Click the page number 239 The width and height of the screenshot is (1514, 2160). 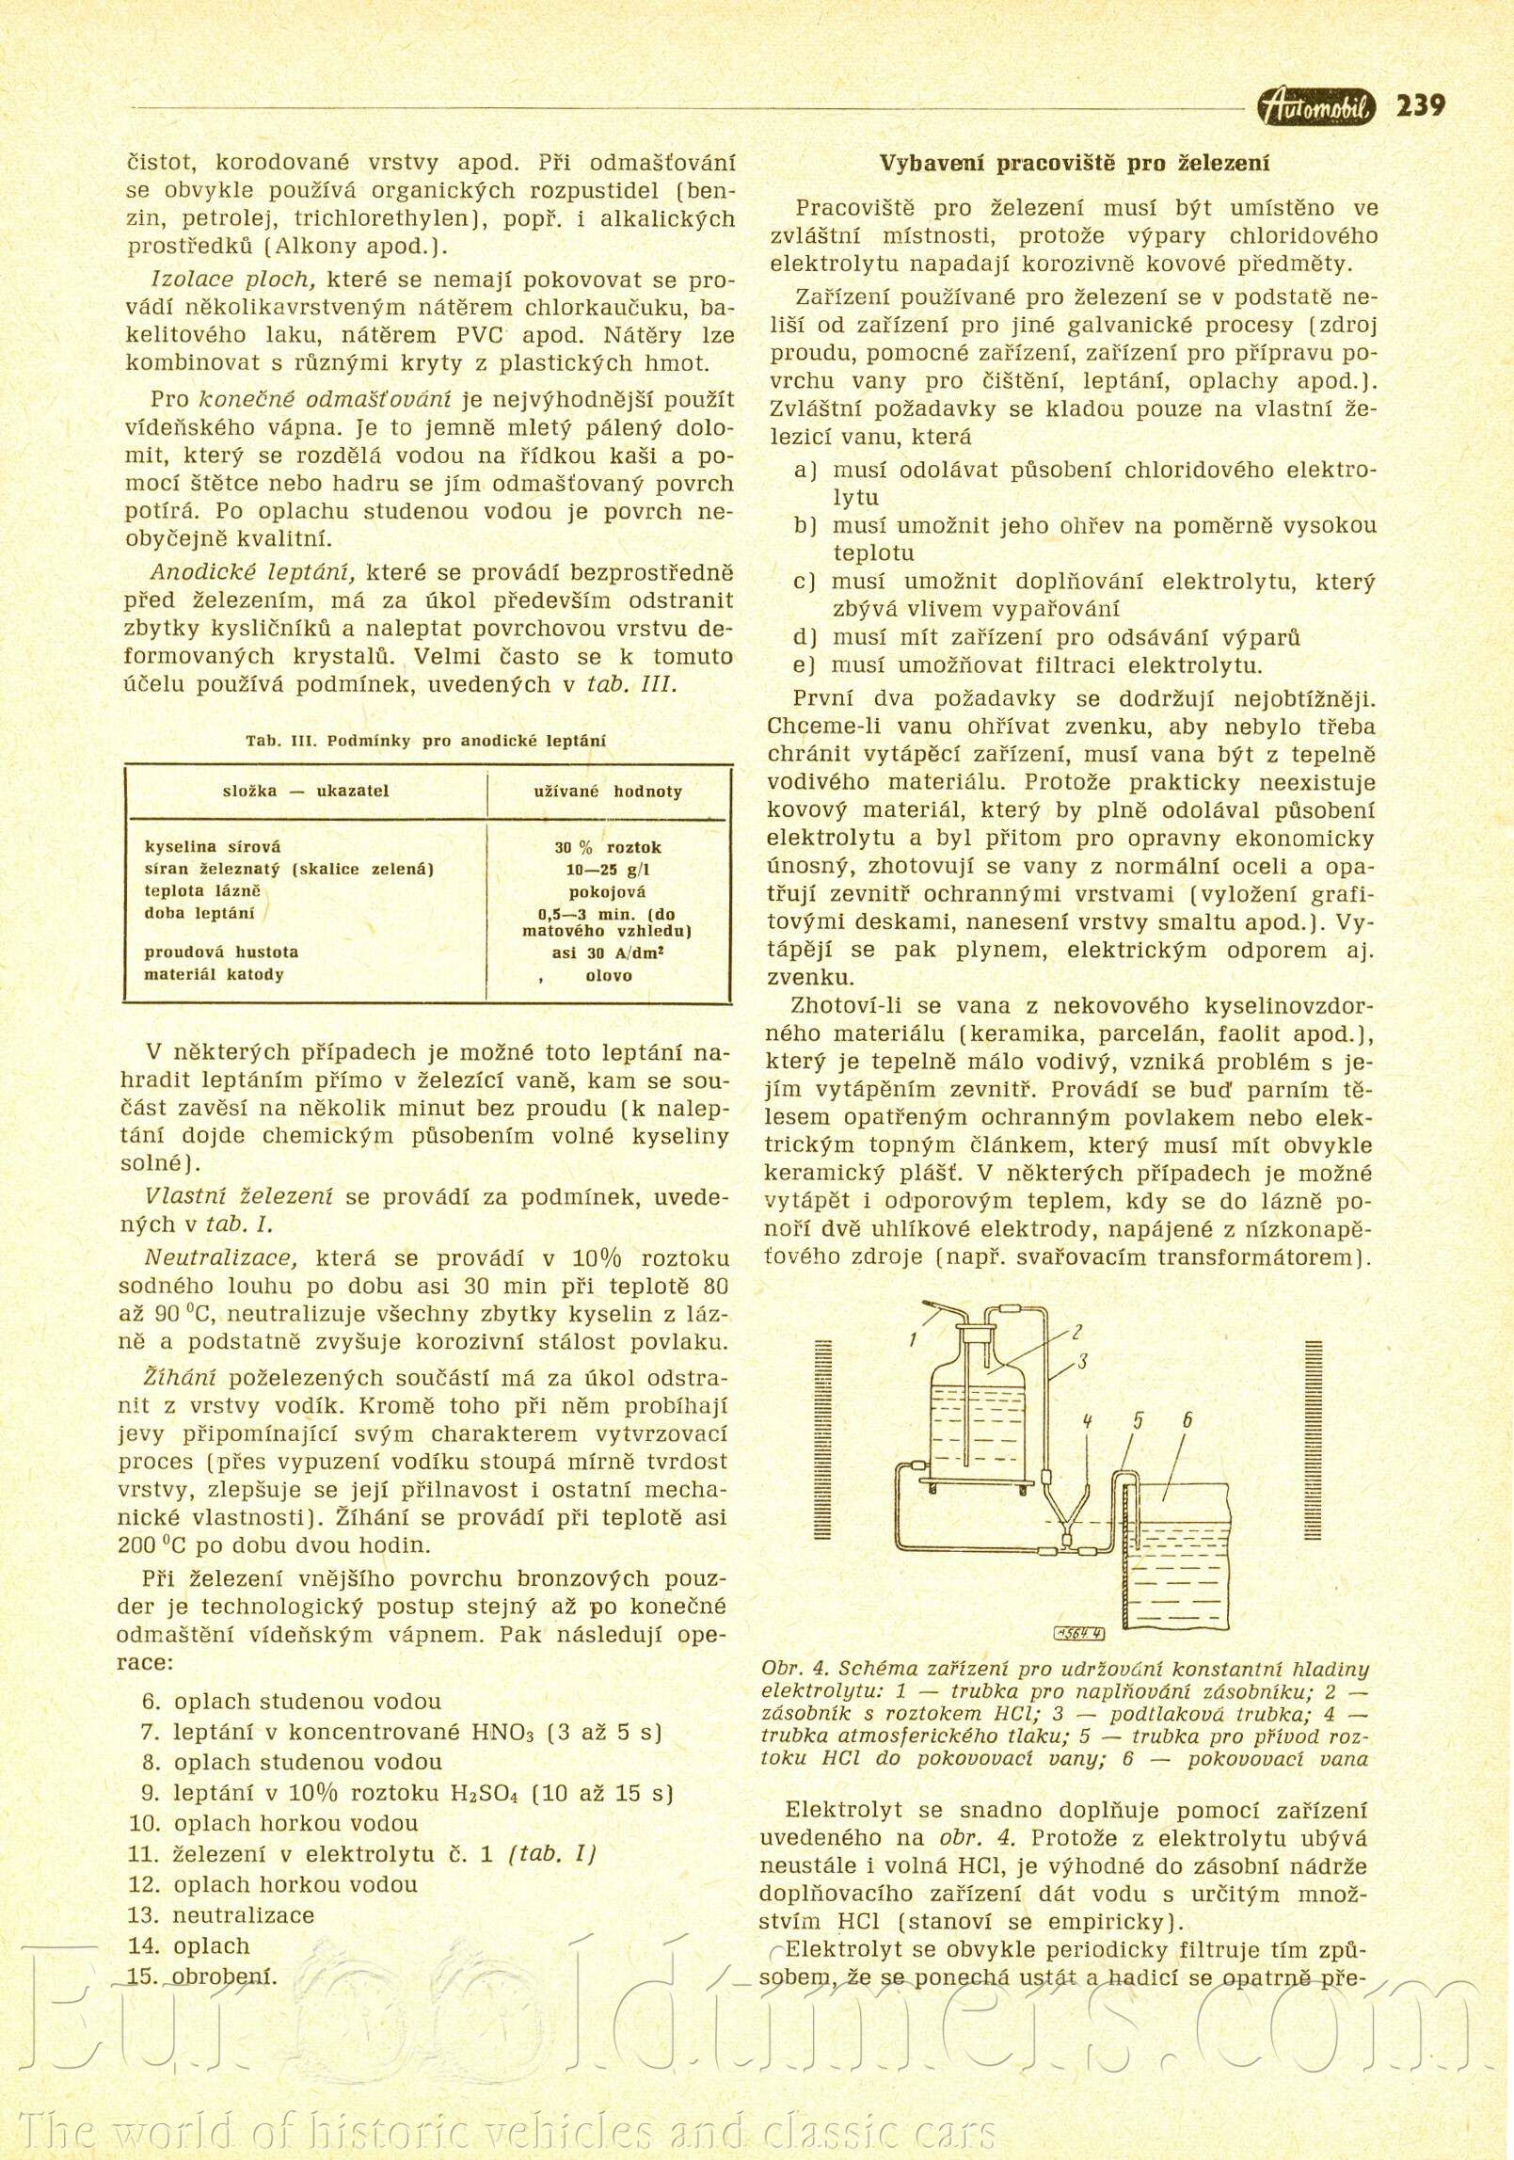tap(1420, 105)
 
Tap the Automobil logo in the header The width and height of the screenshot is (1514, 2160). tap(1315, 108)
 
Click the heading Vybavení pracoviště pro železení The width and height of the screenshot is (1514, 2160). tap(1074, 163)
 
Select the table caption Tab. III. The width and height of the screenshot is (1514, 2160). tap(279, 741)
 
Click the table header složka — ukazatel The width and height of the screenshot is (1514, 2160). tap(305, 791)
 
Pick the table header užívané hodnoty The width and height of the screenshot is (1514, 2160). tap(607, 792)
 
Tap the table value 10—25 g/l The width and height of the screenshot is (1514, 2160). tap(607, 870)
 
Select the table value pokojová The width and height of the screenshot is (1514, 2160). tap(607, 891)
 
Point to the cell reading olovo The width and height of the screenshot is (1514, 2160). tap(608, 975)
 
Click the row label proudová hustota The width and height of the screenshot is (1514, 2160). tap(220, 952)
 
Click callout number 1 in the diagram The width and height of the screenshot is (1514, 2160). tap(913, 1340)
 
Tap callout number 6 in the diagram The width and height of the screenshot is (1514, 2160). tap(1187, 1419)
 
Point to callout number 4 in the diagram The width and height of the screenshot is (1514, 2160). tap(1087, 1421)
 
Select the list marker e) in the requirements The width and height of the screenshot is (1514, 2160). tap(805, 665)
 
